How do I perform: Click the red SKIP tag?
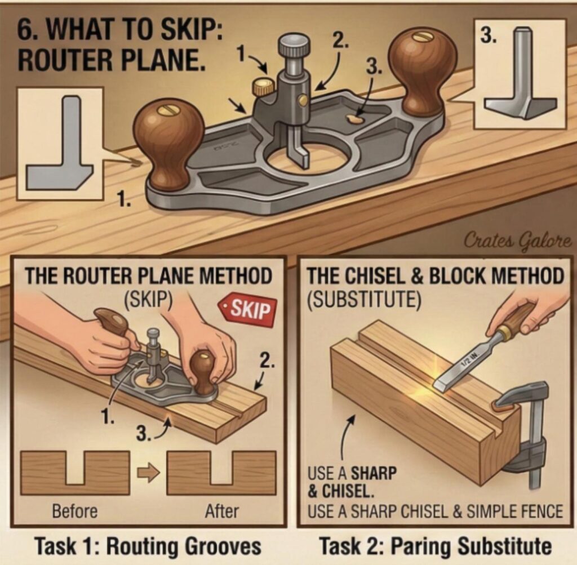point(248,309)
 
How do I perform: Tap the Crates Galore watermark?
point(517,241)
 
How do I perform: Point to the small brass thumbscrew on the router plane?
point(263,87)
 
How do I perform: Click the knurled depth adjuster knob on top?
point(294,44)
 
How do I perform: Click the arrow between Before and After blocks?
point(148,472)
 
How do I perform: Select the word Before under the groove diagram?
point(74,511)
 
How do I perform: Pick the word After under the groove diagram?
point(221,511)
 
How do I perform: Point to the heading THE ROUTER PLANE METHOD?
point(148,275)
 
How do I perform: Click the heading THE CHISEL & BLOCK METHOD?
point(434,275)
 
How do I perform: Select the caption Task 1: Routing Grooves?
point(148,546)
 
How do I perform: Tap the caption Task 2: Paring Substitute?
point(434,546)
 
